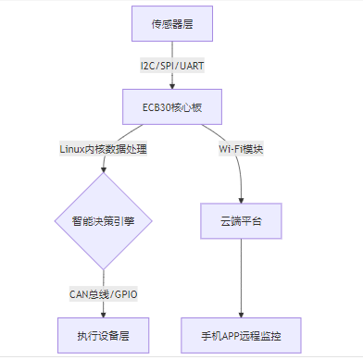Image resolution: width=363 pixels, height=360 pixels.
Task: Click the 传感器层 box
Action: [x=172, y=24]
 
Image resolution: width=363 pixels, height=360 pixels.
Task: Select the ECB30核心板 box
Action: [x=172, y=106]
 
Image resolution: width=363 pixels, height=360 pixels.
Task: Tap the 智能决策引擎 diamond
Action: [x=104, y=221]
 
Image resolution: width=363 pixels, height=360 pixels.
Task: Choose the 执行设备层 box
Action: [x=104, y=334]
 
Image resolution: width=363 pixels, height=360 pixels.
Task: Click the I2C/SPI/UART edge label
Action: [x=172, y=66]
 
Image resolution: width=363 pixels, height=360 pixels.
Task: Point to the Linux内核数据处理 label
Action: [x=104, y=149]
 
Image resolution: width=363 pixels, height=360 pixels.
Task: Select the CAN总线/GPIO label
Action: [x=104, y=293]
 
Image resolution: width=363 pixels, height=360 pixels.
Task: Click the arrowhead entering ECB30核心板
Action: [x=172, y=85]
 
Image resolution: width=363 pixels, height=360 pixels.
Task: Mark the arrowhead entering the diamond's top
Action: [x=104, y=170]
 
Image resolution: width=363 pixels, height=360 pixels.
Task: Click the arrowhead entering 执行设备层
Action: [x=104, y=313]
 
